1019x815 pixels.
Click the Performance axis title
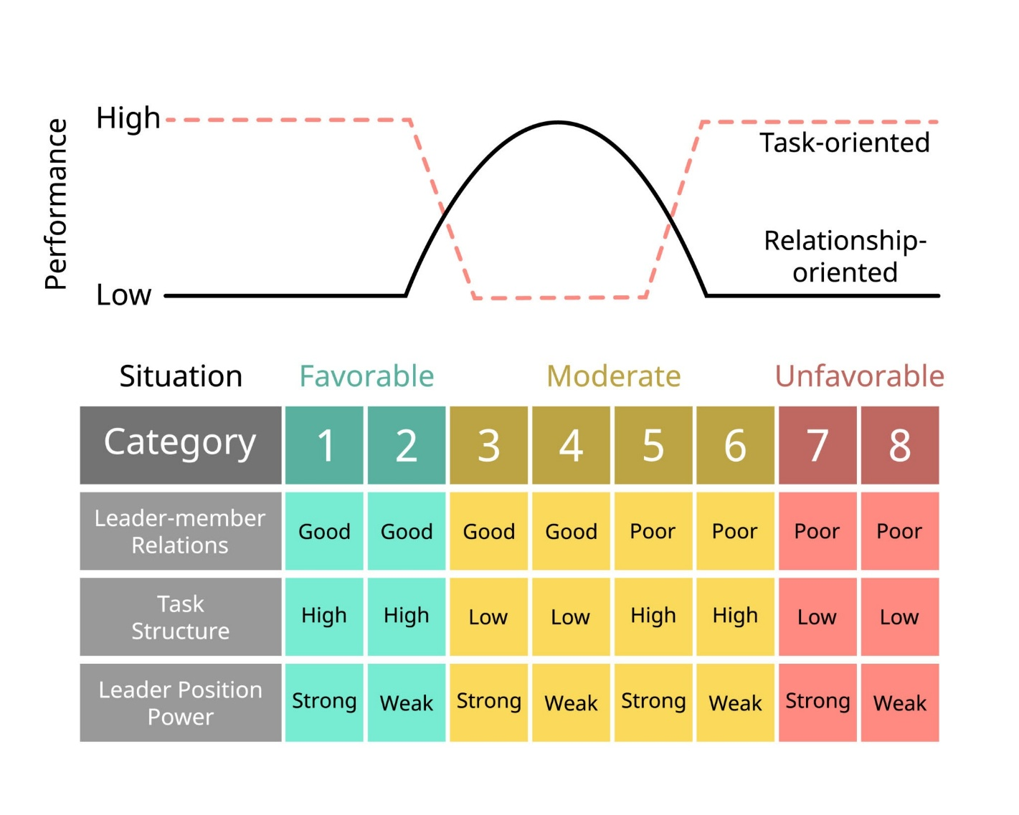56,204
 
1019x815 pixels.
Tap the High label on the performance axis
128,118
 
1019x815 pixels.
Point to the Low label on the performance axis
123,295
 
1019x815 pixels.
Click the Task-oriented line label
844,143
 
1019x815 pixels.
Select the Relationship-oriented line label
845,256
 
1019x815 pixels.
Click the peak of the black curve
558,123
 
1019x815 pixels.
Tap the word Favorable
366,376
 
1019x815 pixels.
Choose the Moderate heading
614,376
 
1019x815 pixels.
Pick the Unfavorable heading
859,376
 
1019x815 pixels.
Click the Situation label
181,376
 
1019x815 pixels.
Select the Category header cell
181,445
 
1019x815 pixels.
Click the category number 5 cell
653,445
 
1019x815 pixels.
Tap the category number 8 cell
900,445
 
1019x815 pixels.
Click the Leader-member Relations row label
181,531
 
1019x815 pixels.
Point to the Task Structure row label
181,616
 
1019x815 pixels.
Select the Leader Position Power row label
181,702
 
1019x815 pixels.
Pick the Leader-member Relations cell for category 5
653,531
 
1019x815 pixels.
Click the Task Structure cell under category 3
488,616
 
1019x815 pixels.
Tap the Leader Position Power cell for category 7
817,702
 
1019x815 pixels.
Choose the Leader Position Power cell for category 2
407,702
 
